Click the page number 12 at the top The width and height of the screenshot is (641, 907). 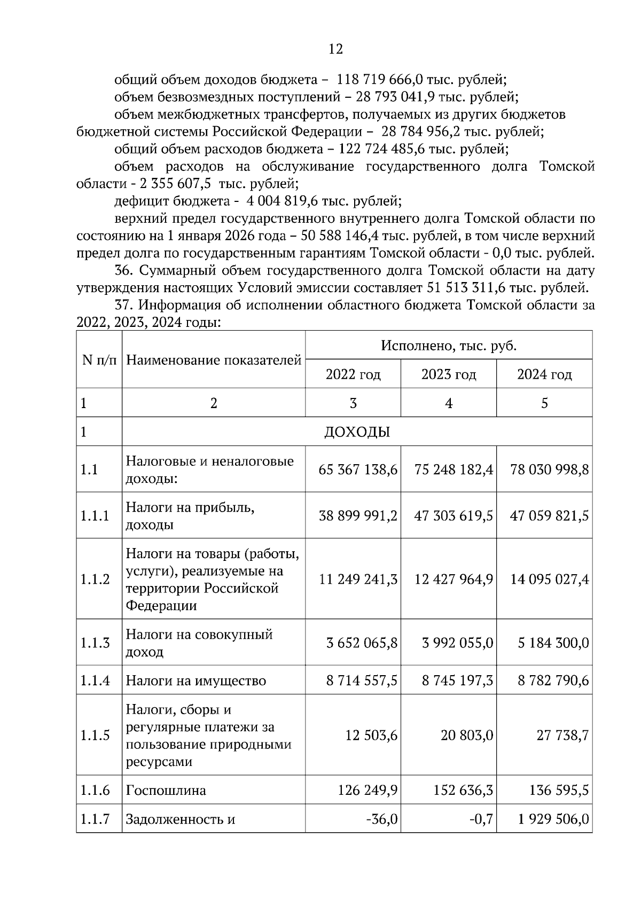pos(335,50)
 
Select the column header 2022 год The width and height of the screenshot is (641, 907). pos(353,374)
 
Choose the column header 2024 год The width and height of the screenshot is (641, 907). pos(544,374)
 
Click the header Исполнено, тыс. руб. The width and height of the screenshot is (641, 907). pos(449,346)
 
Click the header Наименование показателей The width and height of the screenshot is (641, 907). pos(214,360)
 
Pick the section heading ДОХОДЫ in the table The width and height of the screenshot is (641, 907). pos(357,432)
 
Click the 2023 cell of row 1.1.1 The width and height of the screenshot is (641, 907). pos(454,516)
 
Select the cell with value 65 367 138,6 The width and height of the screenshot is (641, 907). pos(358,470)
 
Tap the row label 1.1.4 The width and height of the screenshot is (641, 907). pos(95,681)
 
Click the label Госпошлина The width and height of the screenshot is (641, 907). pos(166,790)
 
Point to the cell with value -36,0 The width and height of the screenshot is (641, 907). pos(382,819)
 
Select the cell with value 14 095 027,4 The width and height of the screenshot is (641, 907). pos(550,580)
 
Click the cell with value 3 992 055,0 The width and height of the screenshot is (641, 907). pos(457,643)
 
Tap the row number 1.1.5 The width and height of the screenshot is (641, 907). pos(95,736)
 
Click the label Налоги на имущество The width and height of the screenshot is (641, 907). pos(196,681)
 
